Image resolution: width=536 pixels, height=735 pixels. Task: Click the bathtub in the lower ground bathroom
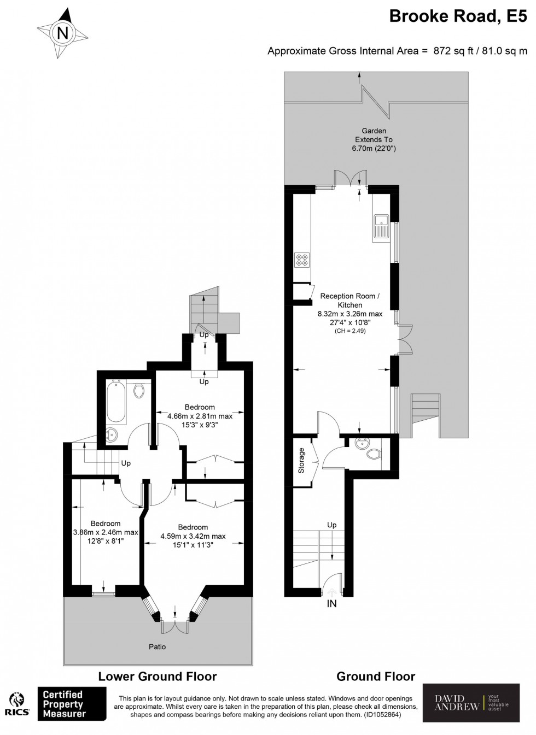tap(116, 401)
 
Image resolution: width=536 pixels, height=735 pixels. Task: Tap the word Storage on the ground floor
tap(301, 461)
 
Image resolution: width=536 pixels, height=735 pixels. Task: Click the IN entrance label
tap(331, 604)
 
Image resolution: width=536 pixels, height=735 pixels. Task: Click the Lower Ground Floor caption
tap(158, 677)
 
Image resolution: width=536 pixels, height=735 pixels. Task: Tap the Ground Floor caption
tap(376, 677)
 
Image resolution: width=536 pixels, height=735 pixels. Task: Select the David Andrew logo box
tap(471, 702)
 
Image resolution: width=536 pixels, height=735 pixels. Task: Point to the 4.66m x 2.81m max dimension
tap(199, 416)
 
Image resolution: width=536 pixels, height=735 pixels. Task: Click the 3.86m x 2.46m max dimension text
tap(106, 532)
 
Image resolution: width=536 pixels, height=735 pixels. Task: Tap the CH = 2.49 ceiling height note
tap(350, 331)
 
